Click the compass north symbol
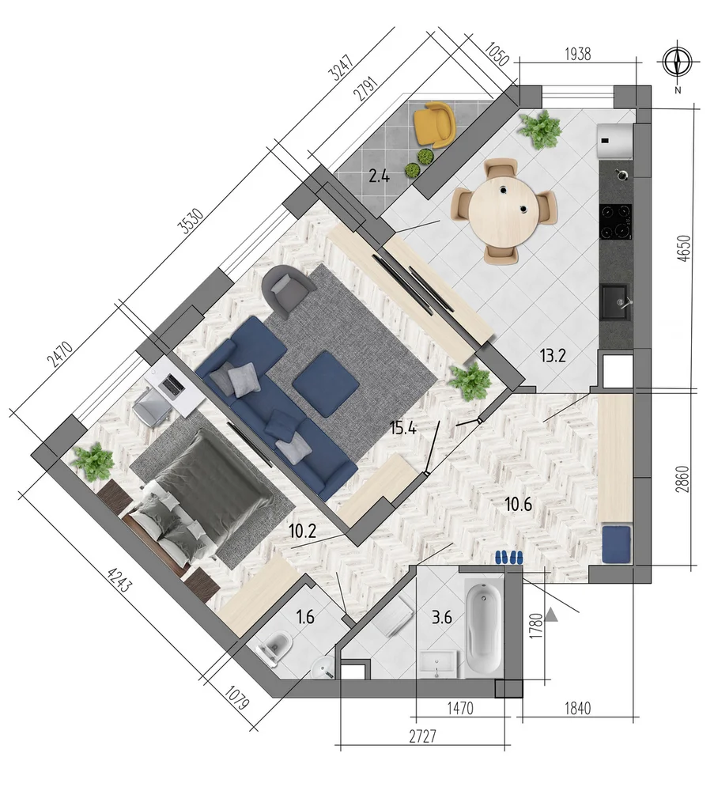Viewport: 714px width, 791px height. coord(677,62)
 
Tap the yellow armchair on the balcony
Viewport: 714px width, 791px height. coord(433,124)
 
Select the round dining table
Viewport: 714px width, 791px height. coord(504,209)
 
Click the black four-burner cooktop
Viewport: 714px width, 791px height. coord(615,221)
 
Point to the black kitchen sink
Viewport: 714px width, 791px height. coord(614,301)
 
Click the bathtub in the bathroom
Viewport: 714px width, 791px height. coord(484,630)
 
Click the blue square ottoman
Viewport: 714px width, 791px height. coord(326,384)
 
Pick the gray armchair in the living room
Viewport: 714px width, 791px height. coord(286,292)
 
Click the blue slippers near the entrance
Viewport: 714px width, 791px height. coord(508,557)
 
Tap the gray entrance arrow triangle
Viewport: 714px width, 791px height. coord(552,615)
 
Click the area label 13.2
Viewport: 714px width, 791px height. coord(553,356)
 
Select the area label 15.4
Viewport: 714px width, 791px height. coord(403,428)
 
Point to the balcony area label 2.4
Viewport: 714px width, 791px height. coord(379,176)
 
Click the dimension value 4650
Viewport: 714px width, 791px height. coord(683,248)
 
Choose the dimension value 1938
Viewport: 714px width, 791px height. coord(578,54)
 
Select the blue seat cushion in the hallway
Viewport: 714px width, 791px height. coord(616,545)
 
